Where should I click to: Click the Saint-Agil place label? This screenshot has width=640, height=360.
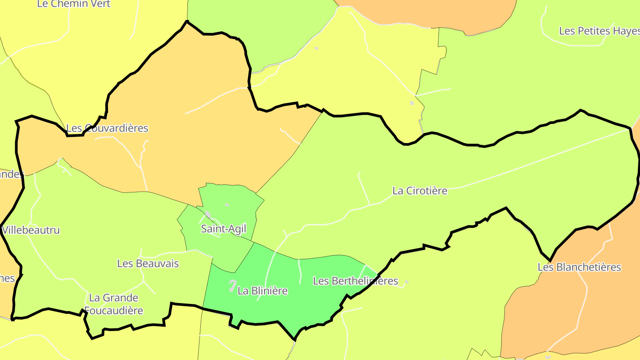point(223,229)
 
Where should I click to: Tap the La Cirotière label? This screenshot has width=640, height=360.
point(420,191)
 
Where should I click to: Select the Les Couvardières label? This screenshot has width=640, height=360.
point(107,128)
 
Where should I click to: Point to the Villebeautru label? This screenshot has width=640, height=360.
point(31,230)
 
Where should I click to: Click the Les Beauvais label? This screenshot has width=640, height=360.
point(148,264)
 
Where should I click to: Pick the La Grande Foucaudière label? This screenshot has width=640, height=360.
point(114,304)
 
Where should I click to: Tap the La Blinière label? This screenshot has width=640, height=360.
point(263,291)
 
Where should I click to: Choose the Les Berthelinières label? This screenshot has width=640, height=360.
point(356,281)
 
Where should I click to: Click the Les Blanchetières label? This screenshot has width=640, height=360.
point(579,267)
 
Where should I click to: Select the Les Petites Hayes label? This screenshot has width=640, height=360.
point(599,31)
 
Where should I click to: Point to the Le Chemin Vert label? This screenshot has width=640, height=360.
point(74,4)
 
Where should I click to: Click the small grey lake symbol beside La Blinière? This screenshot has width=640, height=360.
point(232,286)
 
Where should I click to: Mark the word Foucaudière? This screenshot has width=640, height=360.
point(114,310)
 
